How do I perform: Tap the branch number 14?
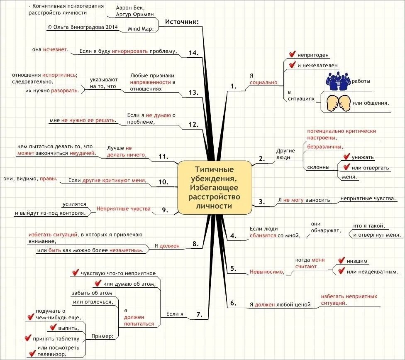[x=193, y=53]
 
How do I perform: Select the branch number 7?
[x=199, y=314]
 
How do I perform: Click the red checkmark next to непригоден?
[x=292, y=54]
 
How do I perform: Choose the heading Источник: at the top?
[x=182, y=22]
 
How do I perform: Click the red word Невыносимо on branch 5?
[x=266, y=272]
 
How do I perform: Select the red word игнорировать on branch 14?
[x=130, y=51]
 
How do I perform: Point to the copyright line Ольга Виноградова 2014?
[x=83, y=27]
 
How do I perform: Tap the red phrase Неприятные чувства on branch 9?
[x=123, y=208]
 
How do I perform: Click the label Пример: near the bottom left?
[x=102, y=336]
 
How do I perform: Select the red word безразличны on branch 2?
[x=324, y=147]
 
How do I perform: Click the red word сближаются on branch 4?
[x=263, y=235]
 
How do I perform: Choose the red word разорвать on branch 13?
[x=65, y=90]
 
